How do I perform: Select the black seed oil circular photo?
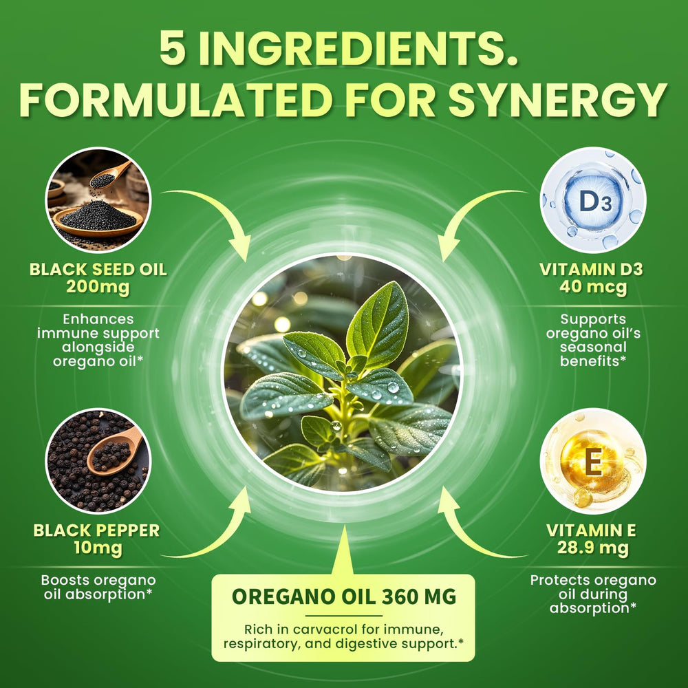(x=97, y=199)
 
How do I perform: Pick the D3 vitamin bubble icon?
(x=592, y=199)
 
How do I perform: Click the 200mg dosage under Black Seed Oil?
(x=98, y=286)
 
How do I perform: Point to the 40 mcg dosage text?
(x=592, y=286)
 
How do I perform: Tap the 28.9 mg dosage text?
(x=592, y=548)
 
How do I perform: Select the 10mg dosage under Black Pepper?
(x=96, y=548)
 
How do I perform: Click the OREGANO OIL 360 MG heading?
(x=344, y=596)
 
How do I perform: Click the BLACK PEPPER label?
(x=96, y=530)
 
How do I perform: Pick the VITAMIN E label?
(x=592, y=530)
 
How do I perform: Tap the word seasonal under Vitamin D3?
(x=592, y=347)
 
